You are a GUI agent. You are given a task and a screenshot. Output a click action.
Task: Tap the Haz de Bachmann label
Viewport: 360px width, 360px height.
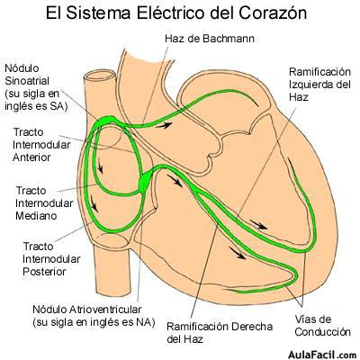coord(210,39)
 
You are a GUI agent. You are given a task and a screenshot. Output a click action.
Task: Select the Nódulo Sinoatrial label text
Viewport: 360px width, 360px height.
coord(32,87)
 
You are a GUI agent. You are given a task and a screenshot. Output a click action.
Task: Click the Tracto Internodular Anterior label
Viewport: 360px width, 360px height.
coord(41,145)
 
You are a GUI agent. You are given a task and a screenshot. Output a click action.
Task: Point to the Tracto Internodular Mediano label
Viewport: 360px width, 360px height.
coord(44,203)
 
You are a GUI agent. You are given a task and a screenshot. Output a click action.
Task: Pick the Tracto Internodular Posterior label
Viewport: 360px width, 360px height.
coord(51,259)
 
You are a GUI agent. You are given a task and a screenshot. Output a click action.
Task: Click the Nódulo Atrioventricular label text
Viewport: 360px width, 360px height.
coord(94,316)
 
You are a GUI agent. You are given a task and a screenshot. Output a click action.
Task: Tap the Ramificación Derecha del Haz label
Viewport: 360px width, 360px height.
coord(220,333)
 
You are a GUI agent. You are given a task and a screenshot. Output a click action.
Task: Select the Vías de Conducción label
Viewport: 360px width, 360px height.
coord(323,326)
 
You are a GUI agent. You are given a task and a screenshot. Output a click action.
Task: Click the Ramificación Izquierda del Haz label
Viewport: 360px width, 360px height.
coord(319,85)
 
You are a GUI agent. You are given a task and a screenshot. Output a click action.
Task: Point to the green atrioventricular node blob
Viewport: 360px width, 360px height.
coord(146,181)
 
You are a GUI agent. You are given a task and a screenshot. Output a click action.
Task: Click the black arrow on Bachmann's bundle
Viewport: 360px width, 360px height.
coord(164,125)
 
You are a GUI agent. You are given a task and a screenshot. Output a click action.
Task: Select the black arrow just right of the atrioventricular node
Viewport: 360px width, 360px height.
coord(175,181)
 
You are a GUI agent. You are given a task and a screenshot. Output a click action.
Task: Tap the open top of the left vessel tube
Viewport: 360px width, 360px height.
coord(99,76)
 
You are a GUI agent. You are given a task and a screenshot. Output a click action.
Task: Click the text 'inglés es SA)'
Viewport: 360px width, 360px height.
coord(36,106)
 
